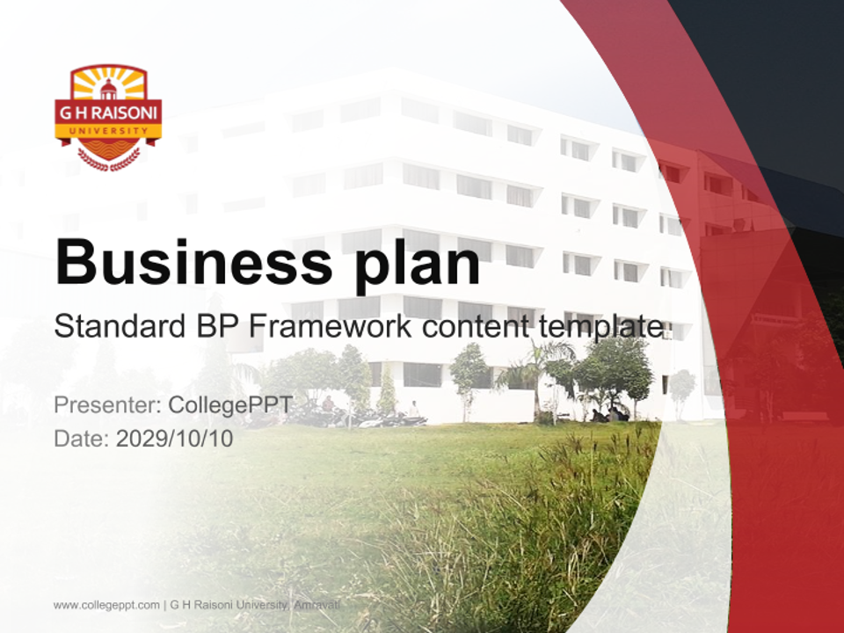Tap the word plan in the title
pos(417,266)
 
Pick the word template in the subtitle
pos(600,327)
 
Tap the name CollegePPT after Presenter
pos(231,405)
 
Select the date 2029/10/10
pos(174,439)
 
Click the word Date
pos(82,439)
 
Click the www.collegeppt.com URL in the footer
pos(106,606)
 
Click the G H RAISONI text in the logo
pos(108,113)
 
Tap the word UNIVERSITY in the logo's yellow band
pos(108,131)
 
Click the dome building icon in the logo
pos(108,89)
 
